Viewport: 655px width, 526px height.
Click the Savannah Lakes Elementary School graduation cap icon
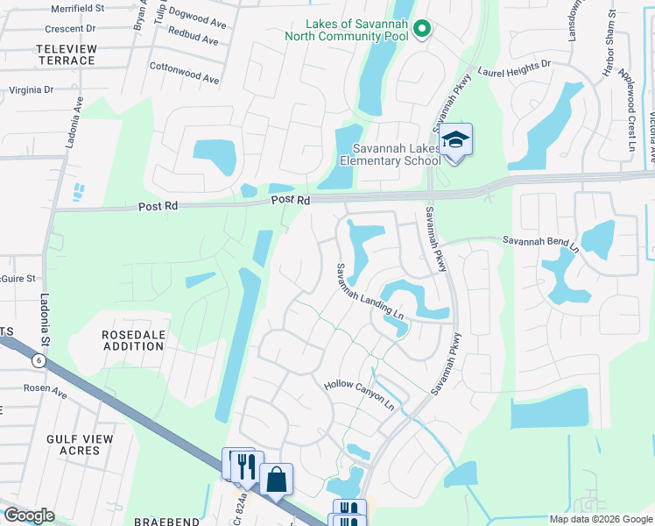point(455,140)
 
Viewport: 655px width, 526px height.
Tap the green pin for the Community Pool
point(421,31)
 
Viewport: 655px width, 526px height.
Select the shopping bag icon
point(276,480)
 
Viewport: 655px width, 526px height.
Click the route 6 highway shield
point(38,360)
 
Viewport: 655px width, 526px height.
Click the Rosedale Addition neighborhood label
point(133,340)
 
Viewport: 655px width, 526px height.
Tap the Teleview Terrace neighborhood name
point(53,54)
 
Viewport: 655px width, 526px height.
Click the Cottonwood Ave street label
point(184,73)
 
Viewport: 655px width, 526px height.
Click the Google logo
point(29,515)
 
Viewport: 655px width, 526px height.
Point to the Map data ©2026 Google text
point(600,519)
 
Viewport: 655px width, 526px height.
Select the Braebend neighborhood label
point(168,521)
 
